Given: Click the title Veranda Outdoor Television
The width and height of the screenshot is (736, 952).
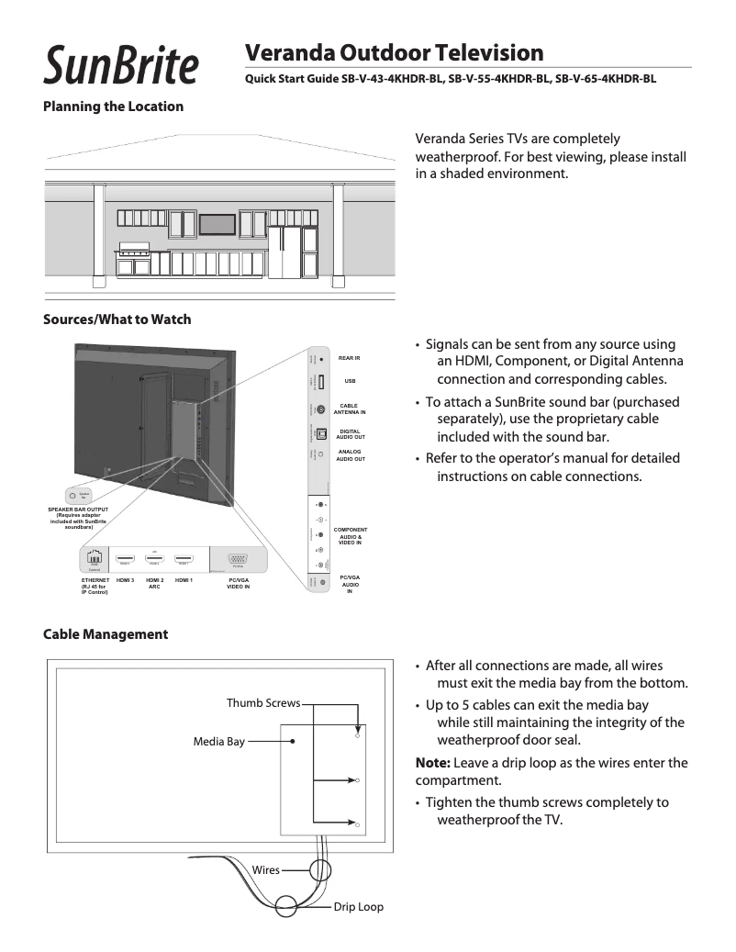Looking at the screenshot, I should (394, 52).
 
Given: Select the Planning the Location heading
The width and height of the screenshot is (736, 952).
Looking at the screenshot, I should (113, 106).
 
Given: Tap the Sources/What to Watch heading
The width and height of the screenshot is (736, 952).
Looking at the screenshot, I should (117, 319).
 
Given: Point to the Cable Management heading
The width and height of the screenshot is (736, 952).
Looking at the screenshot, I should (106, 634).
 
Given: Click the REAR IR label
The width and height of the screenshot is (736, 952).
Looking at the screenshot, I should (349, 357).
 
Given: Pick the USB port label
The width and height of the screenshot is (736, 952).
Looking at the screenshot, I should (349, 381).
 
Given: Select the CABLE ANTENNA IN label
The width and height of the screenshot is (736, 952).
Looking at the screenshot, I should (350, 409).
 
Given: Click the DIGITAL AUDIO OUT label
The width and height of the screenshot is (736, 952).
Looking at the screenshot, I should (350, 434).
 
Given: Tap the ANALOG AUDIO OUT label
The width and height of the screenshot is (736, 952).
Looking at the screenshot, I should (350, 455).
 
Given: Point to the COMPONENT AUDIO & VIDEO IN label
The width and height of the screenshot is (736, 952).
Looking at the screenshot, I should (350, 536).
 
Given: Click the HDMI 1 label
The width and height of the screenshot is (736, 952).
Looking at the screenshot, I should (184, 581).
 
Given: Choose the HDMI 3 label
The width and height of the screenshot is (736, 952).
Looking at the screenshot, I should (125, 581).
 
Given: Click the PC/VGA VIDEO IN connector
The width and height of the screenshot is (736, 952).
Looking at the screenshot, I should (238, 559).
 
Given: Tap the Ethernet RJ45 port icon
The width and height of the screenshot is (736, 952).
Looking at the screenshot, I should (95, 558).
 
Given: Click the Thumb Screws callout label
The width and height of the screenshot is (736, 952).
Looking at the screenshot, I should (263, 703).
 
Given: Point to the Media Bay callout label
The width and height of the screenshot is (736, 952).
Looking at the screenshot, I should (218, 742).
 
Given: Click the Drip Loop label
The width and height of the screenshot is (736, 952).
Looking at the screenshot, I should (358, 907).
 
